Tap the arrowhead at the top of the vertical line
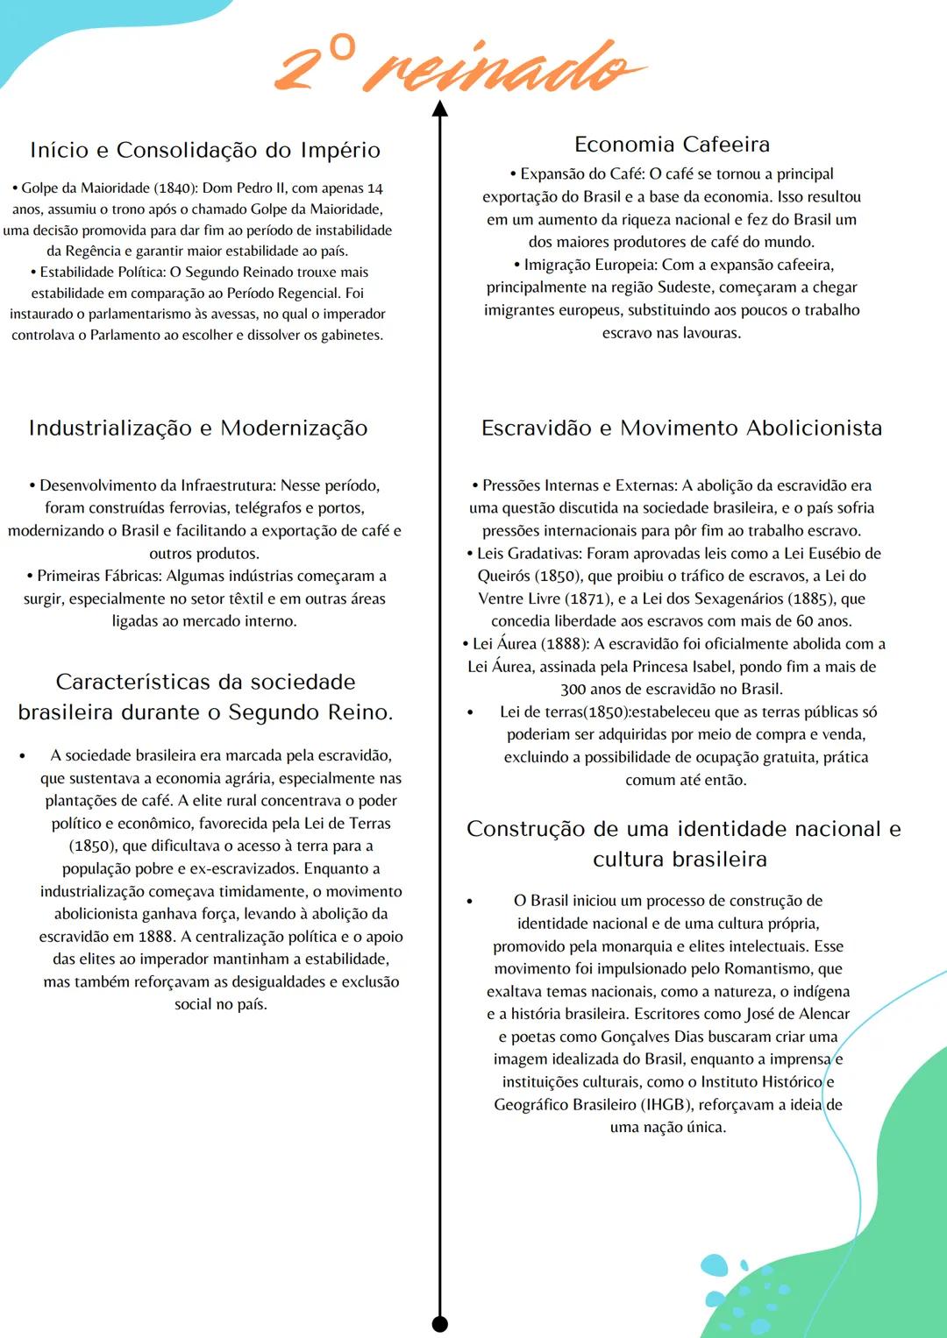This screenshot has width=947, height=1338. pyautogui.click(x=440, y=109)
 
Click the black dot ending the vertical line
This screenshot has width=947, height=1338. pyautogui.click(x=440, y=1323)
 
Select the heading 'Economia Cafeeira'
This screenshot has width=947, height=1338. pyautogui.click(x=672, y=144)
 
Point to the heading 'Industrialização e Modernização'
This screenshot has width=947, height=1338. pyautogui.click(x=198, y=428)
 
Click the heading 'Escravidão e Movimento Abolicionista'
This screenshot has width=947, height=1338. pyautogui.click(x=681, y=428)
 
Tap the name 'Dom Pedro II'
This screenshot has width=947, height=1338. pyautogui.click(x=244, y=188)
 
